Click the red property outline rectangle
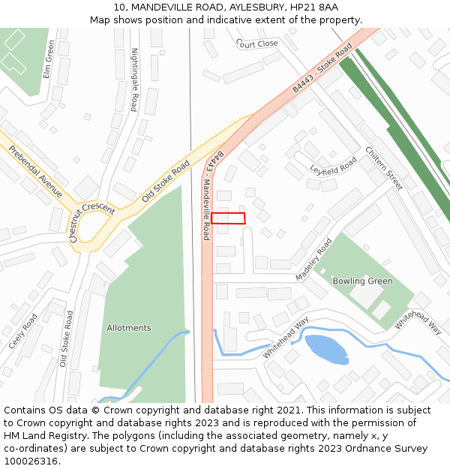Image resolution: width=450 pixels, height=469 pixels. click(228, 218)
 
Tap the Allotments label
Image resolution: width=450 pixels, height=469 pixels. click(129, 328)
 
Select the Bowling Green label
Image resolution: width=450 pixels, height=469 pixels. click(363, 281)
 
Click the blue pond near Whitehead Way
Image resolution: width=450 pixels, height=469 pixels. click(326, 349)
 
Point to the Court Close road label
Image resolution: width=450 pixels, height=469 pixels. click(257, 44)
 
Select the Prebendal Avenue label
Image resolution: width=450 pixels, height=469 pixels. click(36, 172)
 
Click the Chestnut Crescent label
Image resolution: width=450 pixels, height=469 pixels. click(92, 221)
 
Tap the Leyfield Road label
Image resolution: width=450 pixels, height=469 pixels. click(334, 166)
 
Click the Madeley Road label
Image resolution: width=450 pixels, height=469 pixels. click(313, 260)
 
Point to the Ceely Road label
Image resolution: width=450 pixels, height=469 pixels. click(23, 331)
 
